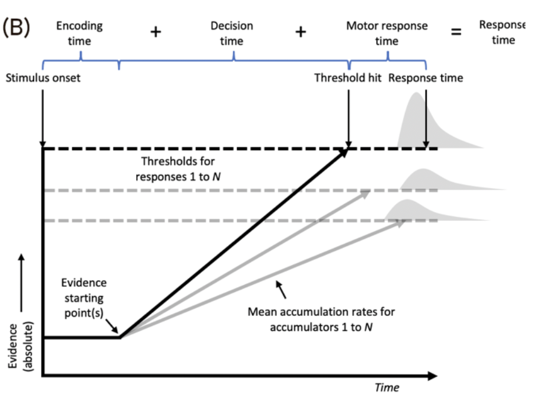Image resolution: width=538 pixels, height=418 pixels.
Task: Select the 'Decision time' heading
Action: pos(232,33)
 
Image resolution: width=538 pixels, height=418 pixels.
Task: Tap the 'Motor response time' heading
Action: pos(386,33)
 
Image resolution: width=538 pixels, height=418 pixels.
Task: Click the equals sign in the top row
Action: pos(456,32)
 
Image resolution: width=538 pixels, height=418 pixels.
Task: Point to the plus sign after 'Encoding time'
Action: pos(155,32)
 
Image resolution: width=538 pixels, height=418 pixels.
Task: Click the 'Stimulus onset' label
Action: pos(43,78)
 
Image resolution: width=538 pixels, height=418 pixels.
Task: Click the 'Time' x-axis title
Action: pos(386,388)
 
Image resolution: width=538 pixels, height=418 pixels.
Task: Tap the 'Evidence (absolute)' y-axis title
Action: pos(20,346)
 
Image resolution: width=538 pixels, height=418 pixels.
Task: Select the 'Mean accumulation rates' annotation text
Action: pos(321,319)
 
